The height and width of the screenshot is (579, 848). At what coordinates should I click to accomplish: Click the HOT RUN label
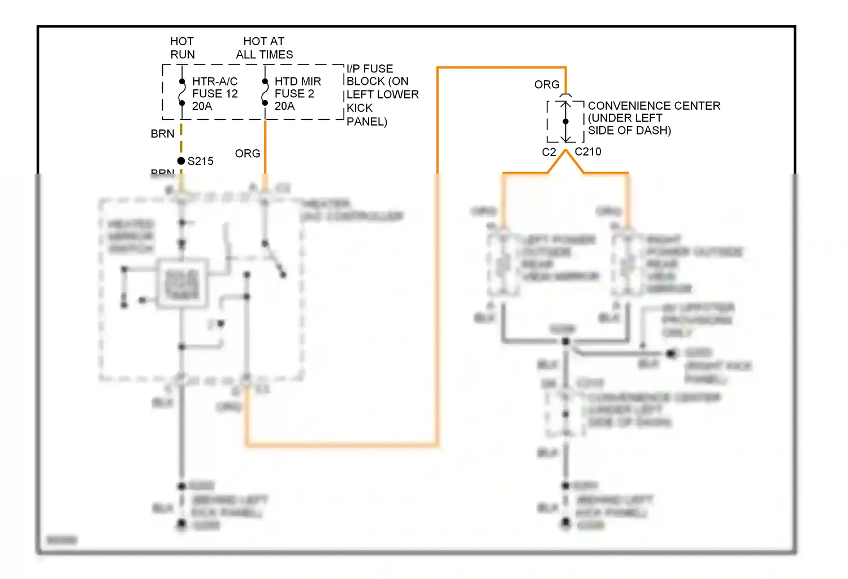coord(182,48)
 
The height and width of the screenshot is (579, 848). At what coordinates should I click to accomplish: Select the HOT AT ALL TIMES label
coord(264,48)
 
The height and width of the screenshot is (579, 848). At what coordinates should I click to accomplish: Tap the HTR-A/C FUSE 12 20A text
coord(215,94)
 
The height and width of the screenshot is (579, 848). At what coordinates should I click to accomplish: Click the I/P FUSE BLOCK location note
coord(382,94)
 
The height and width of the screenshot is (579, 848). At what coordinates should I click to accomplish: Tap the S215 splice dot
coord(181,161)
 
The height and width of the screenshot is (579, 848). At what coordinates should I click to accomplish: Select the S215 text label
coord(201,161)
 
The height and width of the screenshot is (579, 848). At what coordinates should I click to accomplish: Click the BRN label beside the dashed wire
coord(162,134)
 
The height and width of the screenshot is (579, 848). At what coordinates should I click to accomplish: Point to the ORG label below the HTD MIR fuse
coord(248,154)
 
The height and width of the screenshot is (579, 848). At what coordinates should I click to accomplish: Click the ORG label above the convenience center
coord(547,85)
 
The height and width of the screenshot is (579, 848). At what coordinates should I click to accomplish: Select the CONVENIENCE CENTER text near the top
coord(654,106)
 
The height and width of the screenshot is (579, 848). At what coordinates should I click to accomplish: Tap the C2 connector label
coord(549,152)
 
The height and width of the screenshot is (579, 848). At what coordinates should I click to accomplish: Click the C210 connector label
coord(588,152)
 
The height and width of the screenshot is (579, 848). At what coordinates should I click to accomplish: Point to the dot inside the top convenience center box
coord(565,122)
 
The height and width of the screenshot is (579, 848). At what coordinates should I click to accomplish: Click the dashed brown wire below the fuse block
coord(181,139)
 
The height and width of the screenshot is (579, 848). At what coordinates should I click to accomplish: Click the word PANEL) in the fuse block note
coord(367,122)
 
